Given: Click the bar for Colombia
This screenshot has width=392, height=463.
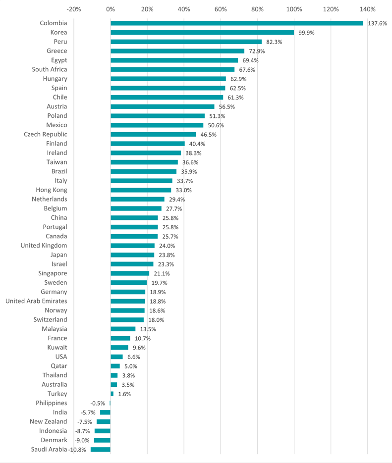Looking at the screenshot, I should (237, 23).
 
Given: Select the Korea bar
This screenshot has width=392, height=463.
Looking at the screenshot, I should (202, 33).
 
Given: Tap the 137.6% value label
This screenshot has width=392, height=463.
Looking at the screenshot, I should (377, 23).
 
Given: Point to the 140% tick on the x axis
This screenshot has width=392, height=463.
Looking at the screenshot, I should (368, 9).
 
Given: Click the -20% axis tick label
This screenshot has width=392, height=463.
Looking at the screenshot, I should (74, 9).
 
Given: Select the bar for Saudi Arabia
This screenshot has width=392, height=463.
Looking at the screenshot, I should (101, 450).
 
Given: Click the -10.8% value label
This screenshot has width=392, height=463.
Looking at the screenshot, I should (78, 450).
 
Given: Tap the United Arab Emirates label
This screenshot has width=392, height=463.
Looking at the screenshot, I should (36, 301).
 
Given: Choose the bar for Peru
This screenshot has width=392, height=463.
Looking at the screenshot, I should (186, 42).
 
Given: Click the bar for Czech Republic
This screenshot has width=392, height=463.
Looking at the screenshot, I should (153, 134).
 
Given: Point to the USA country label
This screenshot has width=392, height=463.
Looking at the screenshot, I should (61, 357).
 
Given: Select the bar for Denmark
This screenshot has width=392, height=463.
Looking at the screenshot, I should (102, 440).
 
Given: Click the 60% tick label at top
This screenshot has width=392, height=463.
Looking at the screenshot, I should (221, 9).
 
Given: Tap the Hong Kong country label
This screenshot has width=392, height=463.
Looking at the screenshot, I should (52, 190).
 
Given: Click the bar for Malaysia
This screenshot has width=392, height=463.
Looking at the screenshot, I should (123, 329).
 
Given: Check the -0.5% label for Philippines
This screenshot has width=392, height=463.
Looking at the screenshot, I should (98, 404).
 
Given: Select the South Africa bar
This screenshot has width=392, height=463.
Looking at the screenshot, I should (172, 69).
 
